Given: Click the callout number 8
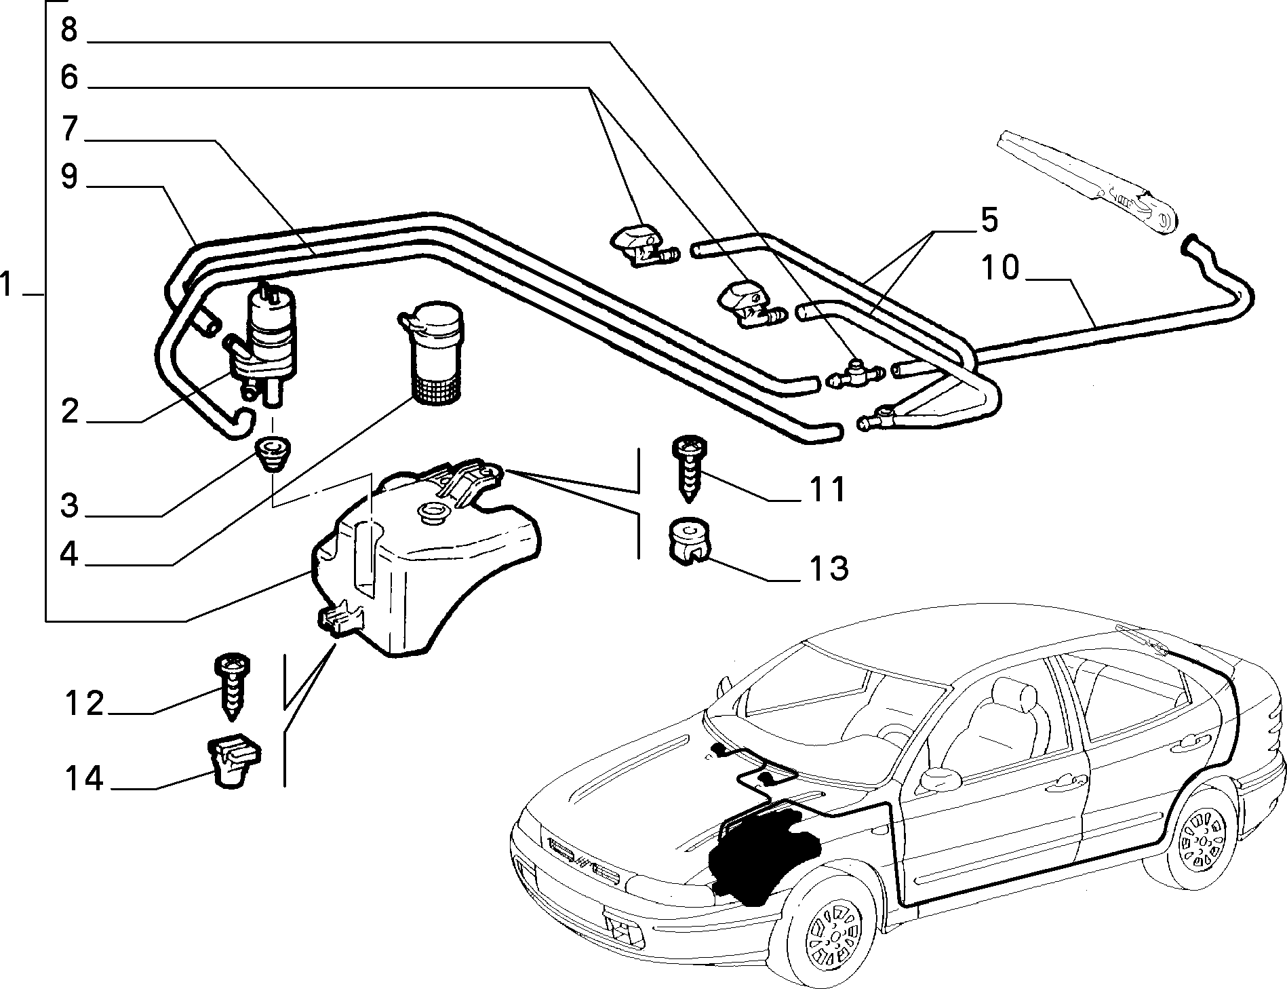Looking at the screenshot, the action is coord(69,31).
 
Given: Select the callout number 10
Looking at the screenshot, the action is coord(999,268).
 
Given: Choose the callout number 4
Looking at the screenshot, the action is coord(69,554).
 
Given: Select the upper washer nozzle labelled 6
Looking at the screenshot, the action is coord(643,246).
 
